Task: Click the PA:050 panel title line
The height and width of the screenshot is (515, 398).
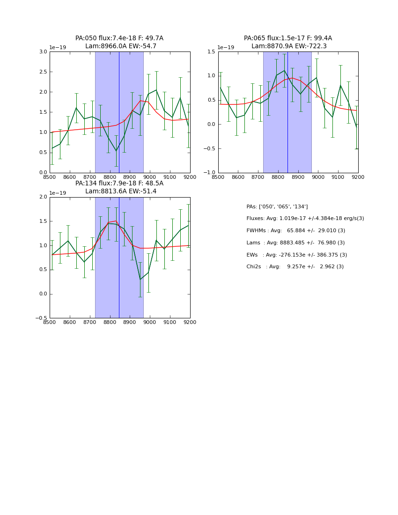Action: pos(119,38)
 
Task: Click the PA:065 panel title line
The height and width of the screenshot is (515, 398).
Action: pos(287,38)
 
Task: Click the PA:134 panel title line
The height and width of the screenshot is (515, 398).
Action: pos(119,184)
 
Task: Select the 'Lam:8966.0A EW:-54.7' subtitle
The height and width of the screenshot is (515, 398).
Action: pos(121,46)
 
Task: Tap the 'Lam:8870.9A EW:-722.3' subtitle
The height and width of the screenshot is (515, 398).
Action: pos(289,46)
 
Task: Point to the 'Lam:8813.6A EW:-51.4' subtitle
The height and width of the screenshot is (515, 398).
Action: pos(121,191)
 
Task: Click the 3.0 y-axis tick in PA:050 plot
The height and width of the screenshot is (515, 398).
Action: pos(43,51)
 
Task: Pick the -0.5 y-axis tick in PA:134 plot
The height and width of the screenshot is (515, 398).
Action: pos(42,318)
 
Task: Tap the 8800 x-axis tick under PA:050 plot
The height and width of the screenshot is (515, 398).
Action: pos(110,177)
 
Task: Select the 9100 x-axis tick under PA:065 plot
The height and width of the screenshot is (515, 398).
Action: pos(338,177)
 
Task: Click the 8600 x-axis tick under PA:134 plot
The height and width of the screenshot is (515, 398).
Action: pos(70,322)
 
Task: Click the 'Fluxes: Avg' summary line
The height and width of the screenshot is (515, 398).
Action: pos(305,219)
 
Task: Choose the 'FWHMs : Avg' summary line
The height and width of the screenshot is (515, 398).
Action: pos(295,231)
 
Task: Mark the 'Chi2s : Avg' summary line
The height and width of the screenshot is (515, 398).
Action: pos(295,267)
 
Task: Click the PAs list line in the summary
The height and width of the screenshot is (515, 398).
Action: pos(277,207)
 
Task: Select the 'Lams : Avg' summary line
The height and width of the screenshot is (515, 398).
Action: pos(295,243)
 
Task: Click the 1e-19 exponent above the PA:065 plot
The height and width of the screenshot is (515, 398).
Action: pos(226,48)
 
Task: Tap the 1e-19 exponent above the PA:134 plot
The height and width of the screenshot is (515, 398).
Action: pos(58,193)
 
